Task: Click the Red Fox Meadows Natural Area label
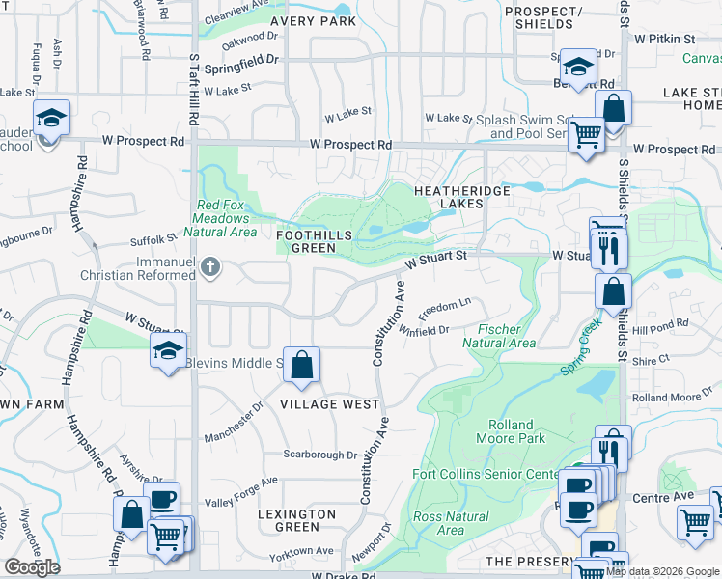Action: [227, 218]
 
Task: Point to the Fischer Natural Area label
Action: [498, 336]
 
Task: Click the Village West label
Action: [331, 404]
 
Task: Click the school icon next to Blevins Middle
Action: [168, 354]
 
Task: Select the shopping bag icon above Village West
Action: [301, 365]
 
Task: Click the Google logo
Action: [32, 567]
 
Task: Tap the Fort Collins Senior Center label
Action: [485, 474]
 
